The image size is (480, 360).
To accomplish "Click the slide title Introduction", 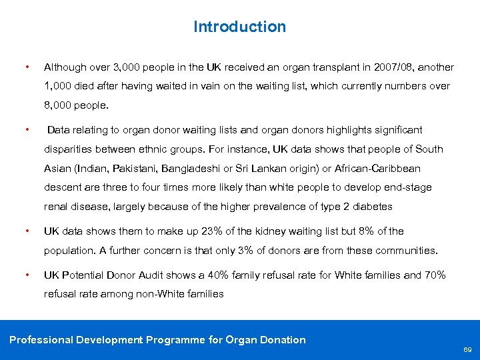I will coord(239,27).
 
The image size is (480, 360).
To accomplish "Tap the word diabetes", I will coord(371,206).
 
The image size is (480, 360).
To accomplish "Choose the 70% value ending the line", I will coord(435,275).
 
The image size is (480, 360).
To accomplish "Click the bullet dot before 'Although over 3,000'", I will coord(26,67).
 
